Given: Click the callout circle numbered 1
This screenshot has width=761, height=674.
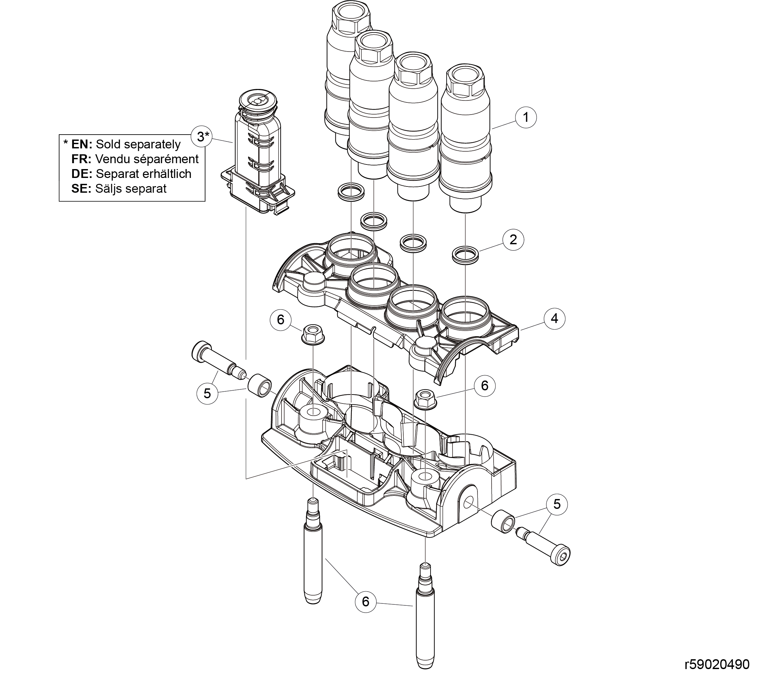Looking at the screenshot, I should [525, 118].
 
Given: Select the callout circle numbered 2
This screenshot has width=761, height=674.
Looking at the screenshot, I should [513, 239].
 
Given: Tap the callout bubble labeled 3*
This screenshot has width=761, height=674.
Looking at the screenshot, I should [201, 137].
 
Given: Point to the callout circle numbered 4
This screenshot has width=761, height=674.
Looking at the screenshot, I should [554, 319].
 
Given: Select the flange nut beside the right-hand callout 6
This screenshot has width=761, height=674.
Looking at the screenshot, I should [424, 399].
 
